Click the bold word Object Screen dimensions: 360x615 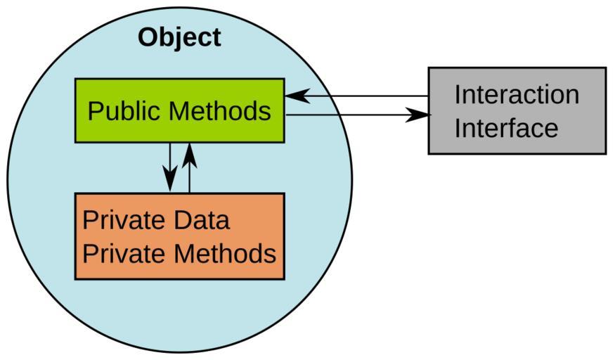click(179, 37)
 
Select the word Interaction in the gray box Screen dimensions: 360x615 click(517, 94)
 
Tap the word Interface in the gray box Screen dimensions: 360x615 click(506, 128)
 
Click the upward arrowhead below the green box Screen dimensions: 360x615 click(189, 153)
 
